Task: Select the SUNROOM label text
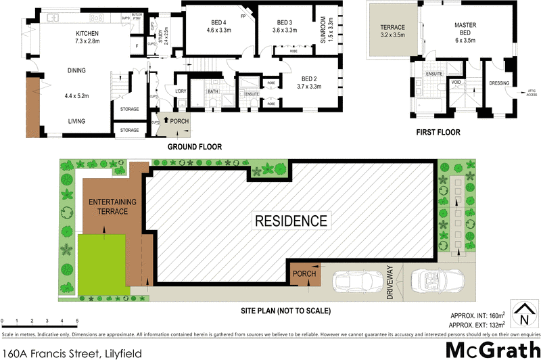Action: point(323,29)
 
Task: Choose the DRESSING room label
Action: point(499,83)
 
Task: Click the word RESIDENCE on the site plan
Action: point(291,220)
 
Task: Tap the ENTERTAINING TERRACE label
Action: point(112,206)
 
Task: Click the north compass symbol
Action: point(524,315)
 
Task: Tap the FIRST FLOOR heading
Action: point(438,133)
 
